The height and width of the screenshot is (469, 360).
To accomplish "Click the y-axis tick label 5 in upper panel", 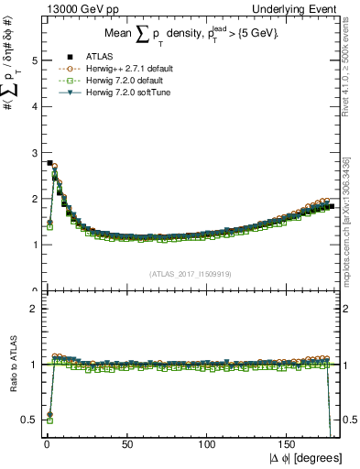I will pyautogui.click(x=35, y=60).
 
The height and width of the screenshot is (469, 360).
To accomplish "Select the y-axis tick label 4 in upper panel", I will pyautogui.click(x=35, y=106).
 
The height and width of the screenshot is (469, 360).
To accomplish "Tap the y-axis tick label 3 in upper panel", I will pyautogui.click(x=35, y=153).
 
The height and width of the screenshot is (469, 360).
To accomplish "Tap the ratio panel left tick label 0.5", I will pyautogui.click(x=31, y=420).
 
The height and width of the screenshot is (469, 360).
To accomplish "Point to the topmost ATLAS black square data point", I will pyautogui.click(x=49, y=163).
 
